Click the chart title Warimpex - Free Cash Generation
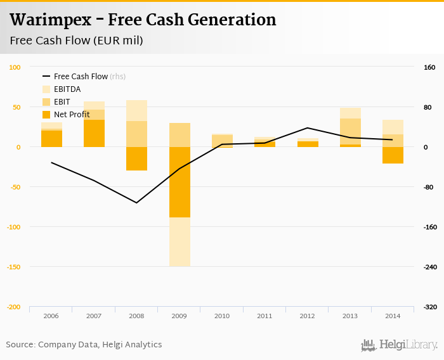(x=143, y=20)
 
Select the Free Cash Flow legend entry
(x=81, y=77)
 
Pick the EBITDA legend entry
(x=67, y=89)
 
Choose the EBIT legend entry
(x=62, y=102)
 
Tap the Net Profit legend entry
(x=71, y=115)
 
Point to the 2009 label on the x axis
(x=180, y=315)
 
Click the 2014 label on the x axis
(x=393, y=315)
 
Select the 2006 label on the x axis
(x=51, y=315)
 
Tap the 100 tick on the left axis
(x=15, y=67)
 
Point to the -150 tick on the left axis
(x=13, y=267)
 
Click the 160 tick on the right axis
(x=429, y=67)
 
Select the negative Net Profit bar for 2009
(x=180, y=182)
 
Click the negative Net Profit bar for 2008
(x=136, y=158)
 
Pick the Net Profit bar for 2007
(x=94, y=133)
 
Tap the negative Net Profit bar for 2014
(x=393, y=155)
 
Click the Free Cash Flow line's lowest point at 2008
(x=136, y=203)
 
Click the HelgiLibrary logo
(x=400, y=345)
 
